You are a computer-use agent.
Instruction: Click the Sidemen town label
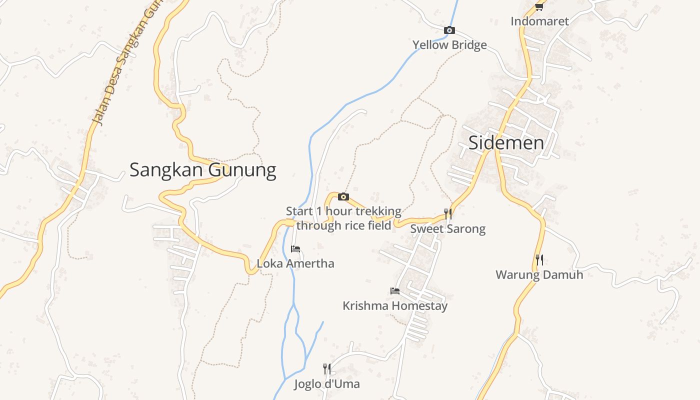tap(506, 143)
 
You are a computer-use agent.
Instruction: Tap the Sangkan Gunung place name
tap(202, 170)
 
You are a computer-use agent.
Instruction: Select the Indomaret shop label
tap(539, 21)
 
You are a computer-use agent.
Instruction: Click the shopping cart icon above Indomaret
tap(539, 7)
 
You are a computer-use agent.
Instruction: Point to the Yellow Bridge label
tap(449, 45)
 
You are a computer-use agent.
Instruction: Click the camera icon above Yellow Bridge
tap(449, 30)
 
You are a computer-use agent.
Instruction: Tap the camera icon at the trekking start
tap(343, 197)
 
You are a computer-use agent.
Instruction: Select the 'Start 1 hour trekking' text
tap(343, 211)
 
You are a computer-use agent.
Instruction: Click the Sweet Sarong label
tap(447, 229)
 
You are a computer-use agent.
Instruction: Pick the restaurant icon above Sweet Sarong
tap(448, 214)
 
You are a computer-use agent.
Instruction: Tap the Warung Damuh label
tap(539, 274)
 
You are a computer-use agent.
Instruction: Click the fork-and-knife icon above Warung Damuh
tap(539, 259)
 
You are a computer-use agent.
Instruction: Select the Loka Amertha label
tap(295, 263)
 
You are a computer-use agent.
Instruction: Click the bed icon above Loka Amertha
tap(295, 249)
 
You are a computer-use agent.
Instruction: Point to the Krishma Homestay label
tap(395, 305)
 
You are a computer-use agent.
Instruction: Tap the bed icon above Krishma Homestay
tap(395, 291)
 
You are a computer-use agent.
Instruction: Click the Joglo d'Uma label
tap(327, 384)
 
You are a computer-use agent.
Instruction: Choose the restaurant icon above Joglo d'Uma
tap(327, 369)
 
